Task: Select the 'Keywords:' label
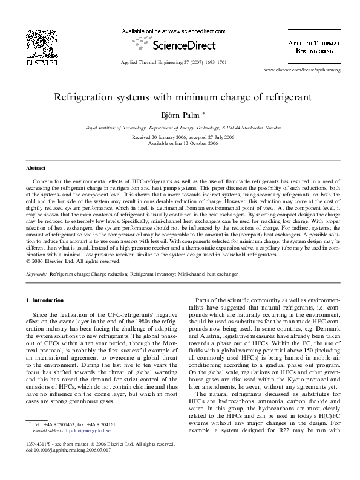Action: tap(36, 274)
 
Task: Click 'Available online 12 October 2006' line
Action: tap(180, 143)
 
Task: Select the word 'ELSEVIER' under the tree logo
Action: tap(38, 60)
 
